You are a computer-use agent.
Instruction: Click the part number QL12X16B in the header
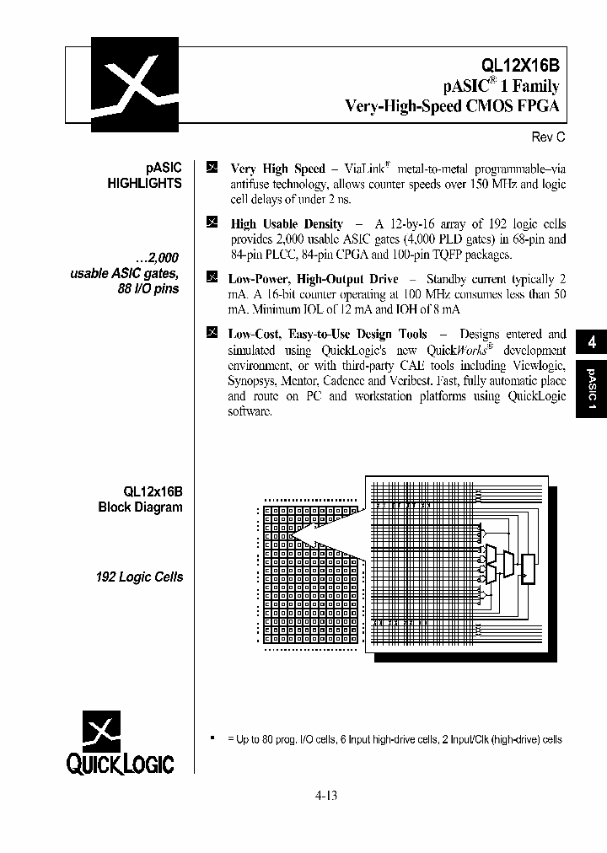click(519, 65)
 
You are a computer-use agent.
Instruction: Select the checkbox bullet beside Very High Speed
click(212, 168)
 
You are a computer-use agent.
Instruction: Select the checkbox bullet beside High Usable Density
click(212, 223)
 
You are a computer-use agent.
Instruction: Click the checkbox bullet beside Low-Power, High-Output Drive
click(212, 277)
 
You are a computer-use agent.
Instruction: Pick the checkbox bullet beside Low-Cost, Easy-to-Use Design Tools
click(212, 333)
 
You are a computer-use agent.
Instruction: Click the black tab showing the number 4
click(591, 342)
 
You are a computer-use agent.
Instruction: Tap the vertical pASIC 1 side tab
click(591, 389)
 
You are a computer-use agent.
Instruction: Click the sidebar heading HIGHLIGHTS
click(144, 183)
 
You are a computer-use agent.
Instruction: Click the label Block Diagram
click(140, 507)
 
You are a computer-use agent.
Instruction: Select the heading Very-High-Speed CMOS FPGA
click(453, 106)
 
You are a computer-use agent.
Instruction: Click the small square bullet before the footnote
click(212, 738)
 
